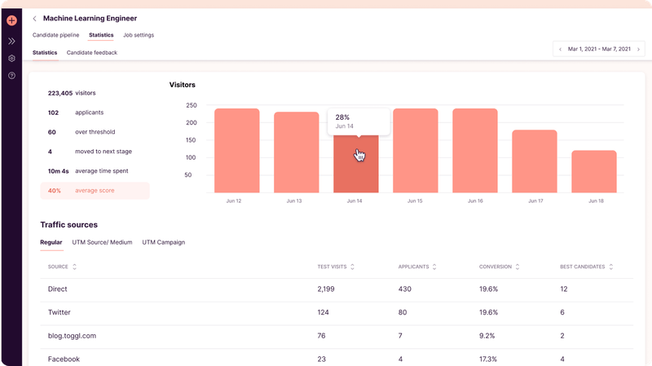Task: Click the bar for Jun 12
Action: pos(236,151)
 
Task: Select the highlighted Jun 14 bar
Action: pos(356,167)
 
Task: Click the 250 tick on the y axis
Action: pos(192,106)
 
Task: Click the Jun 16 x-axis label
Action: pos(475,201)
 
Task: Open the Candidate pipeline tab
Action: pos(56,35)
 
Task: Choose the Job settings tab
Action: pos(139,35)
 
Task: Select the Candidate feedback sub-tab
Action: pos(92,52)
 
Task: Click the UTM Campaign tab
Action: pos(163,242)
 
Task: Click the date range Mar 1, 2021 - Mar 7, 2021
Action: pos(599,49)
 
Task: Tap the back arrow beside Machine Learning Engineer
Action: pos(35,18)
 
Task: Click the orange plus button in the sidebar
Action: pos(11,20)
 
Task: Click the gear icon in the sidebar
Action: pos(11,59)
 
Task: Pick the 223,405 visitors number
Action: pos(60,93)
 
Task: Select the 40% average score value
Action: pos(55,191)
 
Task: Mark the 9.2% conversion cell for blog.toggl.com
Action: pos(487,336)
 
